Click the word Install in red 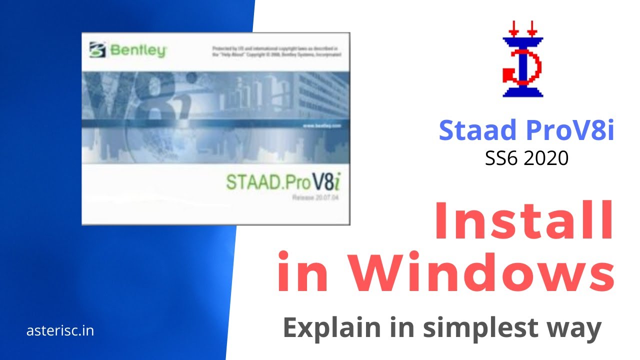[x=524, y=220]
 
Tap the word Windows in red [x=481, y=273]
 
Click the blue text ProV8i [x=569, y=130]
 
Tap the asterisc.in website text [x=60, y=330]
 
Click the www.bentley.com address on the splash [x=321, y=126]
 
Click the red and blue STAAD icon [x=522, y=59]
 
